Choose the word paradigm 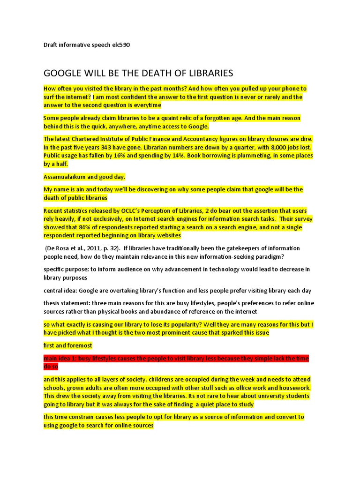(267, 256)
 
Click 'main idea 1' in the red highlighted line (60, 359)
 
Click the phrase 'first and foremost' (68, 345)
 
